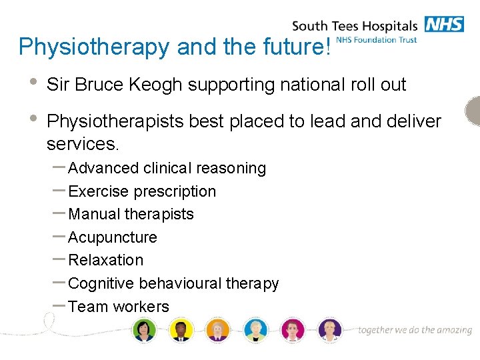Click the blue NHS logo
[444, 25]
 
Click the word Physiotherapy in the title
[93, 47]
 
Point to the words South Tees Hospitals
[354, 27]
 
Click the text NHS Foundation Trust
[377, 40]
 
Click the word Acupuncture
[113, 237]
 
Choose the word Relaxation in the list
[105, 260]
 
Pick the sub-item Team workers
[119, 307]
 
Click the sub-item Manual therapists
[131, 214]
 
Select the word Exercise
[99, 191]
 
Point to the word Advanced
[103, 168]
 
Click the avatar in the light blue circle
[255, 329]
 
